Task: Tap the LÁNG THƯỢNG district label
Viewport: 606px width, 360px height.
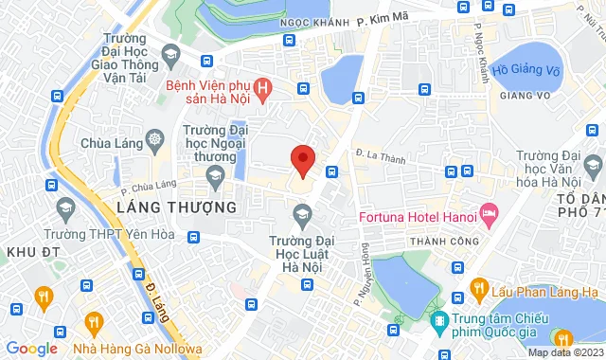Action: click(x=176, y=207)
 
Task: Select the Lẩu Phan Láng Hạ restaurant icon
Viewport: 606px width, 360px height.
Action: click(x=480, y=288)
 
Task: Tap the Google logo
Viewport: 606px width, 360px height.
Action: click(x=30, y=349)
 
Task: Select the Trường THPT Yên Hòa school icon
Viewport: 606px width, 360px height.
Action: click(x=65, y=207)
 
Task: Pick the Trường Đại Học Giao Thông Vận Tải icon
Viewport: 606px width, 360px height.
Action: click(x=169, y=54)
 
